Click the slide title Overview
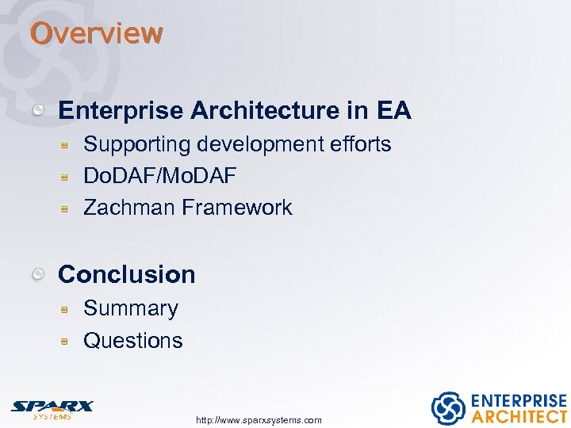click(96, 33)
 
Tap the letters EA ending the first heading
click(393, 111)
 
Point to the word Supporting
click(136, 144)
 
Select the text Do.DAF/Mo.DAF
click(159, 176)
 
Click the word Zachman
click(128, 208)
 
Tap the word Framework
click(236, 208)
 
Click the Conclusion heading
click(127, 274)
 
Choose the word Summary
click(131, 308)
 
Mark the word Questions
click(132, 341)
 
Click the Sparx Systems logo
click(52, 408)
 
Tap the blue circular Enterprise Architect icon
click(447, 408)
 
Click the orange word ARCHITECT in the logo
click(519, 416)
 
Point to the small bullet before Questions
click(69, 342)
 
